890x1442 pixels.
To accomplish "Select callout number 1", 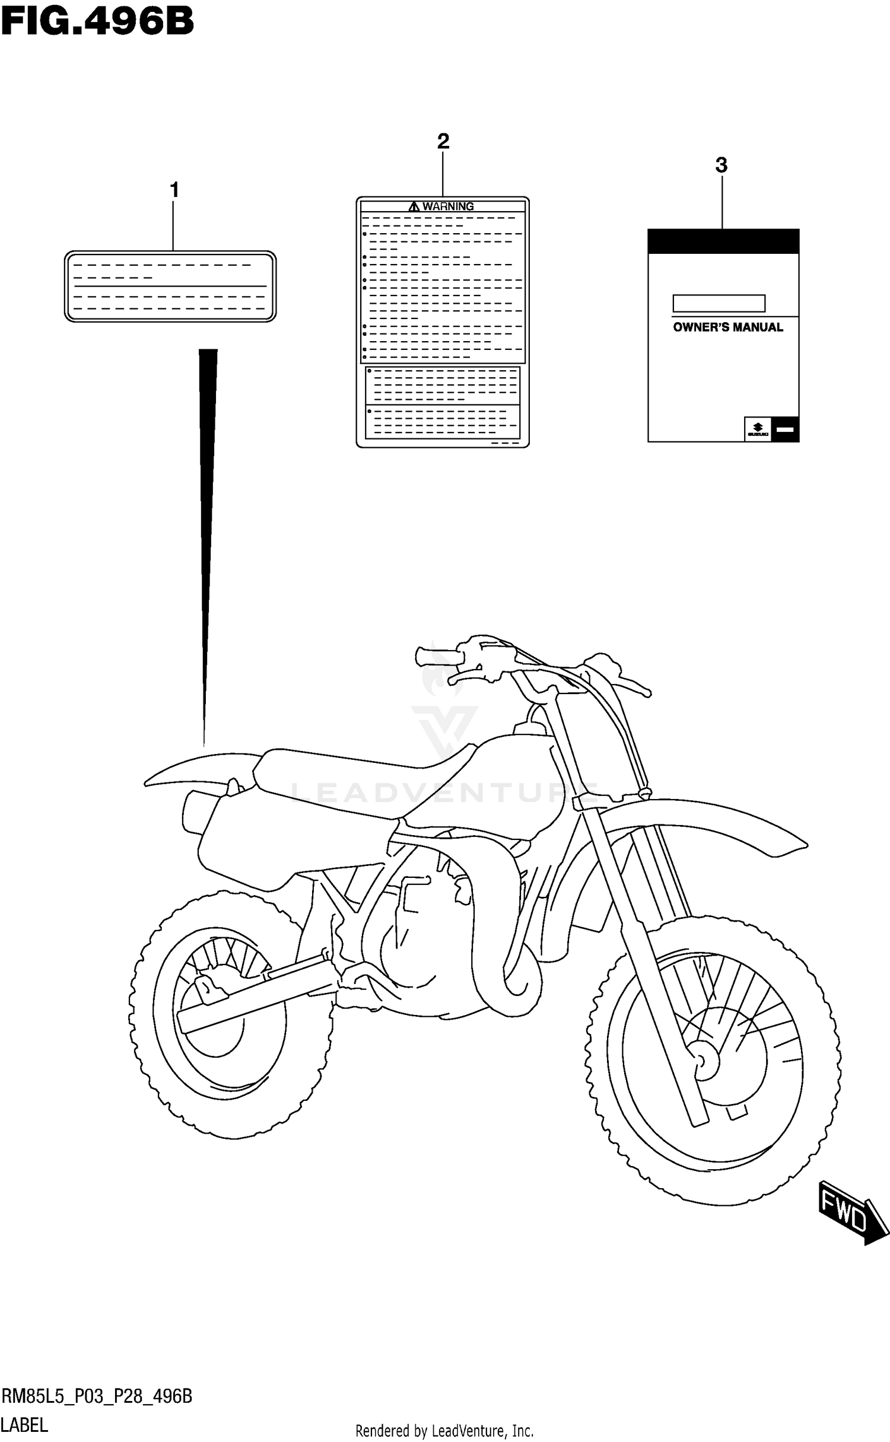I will click(174, 190).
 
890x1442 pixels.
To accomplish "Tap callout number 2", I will click(443, 142).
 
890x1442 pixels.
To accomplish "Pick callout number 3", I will click(721, 165).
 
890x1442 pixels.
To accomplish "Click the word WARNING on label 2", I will click(448, 206).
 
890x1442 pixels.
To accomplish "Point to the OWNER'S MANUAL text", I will click(727, 327).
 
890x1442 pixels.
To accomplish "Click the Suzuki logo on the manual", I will click(757, 429).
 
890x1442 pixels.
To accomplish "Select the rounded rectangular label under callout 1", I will click(170, 287).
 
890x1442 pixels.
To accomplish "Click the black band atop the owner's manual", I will click(723, 241).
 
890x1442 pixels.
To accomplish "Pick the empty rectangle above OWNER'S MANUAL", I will click(719, 304).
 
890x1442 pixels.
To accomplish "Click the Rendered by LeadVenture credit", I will click(444, 1431).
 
